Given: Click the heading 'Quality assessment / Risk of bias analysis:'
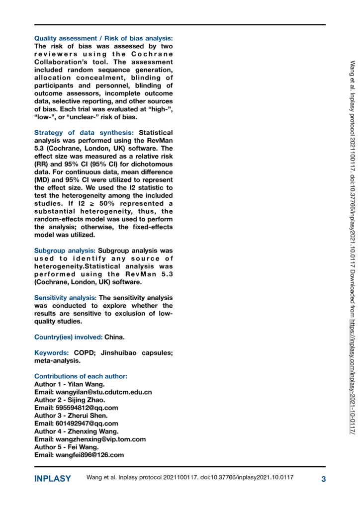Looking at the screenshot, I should pyautogui.click(x=103, y=38).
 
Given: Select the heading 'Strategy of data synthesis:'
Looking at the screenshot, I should pyautogui.click(x=84, y=133).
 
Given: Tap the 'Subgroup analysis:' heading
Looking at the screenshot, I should pyautogui.click(x=65, y=251).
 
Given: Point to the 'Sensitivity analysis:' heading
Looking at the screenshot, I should pyautogui.click(x=66, y=298).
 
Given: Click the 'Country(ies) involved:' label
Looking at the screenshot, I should pyautogui.click(x=69, y=337).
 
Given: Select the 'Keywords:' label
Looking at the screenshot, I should pyautogui.click(x=51, y=352).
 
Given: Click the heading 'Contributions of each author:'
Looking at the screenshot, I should pyautogui.click(x=81, y=376).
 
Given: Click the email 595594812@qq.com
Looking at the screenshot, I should pyautogui.click(x=87, y=408).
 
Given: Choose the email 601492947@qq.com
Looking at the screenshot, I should pyautogui.click(x=87, y=424).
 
